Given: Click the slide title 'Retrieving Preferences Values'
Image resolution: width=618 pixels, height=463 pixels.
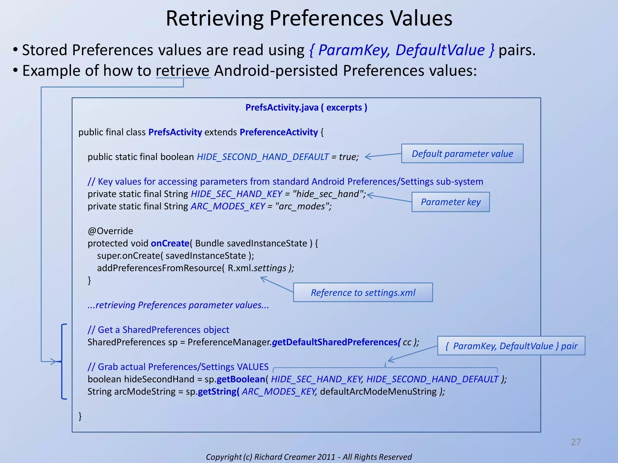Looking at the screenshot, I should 309,19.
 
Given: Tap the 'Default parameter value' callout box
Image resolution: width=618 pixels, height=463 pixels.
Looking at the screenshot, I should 462,154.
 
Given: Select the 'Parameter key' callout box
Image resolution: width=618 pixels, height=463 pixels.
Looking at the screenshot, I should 451,202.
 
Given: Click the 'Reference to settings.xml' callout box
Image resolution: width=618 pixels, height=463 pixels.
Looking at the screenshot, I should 363,292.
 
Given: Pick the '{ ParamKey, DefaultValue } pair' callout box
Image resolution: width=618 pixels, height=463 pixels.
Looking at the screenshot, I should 511,346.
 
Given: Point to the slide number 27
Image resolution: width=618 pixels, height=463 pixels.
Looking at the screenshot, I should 575,442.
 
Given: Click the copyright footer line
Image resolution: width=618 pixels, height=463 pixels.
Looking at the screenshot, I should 309,457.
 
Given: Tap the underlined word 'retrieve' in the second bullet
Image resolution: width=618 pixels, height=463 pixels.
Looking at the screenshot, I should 183,71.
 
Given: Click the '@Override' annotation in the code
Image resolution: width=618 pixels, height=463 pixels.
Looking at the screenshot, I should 110,231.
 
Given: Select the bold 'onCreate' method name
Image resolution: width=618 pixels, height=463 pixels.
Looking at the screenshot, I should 170,243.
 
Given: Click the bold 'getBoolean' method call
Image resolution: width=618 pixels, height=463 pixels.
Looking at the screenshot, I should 241,379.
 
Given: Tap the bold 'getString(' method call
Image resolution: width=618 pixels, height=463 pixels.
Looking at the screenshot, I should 218,392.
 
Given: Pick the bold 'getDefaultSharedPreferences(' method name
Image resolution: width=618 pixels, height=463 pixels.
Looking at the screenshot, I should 336,342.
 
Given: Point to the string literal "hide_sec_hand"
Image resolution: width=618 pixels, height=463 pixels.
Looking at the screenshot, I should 328,194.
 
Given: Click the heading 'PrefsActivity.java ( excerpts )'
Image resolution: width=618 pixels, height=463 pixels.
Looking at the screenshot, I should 306,108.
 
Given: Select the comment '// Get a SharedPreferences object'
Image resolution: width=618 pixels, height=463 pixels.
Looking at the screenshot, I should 158,330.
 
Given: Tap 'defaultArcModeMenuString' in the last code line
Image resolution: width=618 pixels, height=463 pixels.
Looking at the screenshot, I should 378,392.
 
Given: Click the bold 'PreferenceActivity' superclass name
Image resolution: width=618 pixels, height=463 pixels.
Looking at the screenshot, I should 279,132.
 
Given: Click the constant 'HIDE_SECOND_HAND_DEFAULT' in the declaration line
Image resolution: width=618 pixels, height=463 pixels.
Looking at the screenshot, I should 263,157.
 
